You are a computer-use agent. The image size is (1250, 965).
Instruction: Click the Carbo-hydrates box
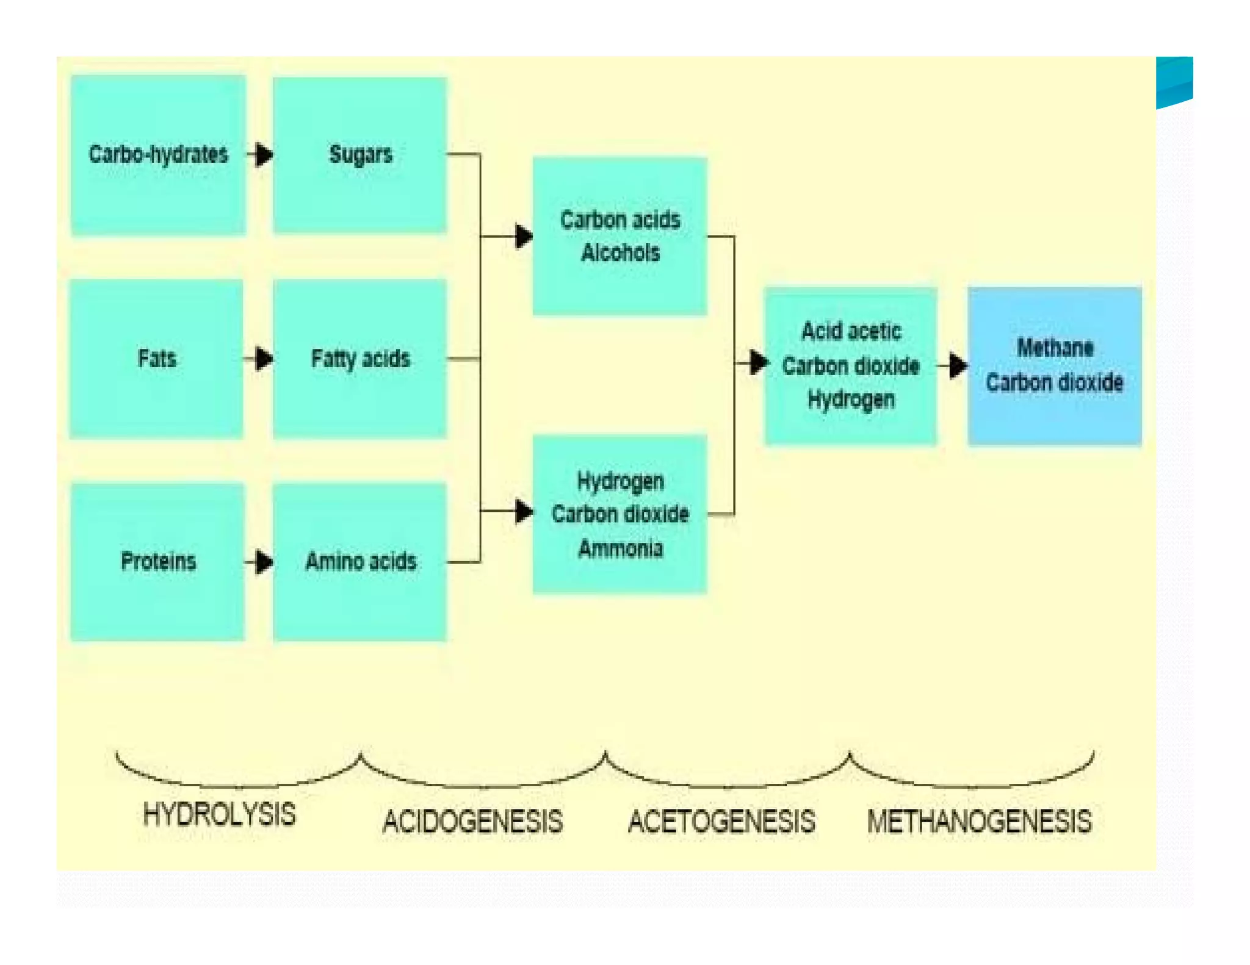coord(158,154)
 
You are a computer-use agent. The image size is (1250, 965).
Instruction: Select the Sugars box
coord(359,154)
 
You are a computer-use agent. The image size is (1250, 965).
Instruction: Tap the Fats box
coord(156,359)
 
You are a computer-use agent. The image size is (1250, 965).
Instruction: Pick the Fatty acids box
coord(359,359)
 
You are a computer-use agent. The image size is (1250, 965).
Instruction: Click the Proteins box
coord(157,561)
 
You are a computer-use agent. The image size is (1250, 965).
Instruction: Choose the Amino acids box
coord(359,561)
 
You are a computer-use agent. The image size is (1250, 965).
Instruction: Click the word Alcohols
coord(620,253)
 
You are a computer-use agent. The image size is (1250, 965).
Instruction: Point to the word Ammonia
coord(620,548)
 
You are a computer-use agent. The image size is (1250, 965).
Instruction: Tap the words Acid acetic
coord(851,331)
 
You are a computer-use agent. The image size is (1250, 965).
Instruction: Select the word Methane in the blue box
coord(1055,348)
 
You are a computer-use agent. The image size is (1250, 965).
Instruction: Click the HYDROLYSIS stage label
coord(219,815)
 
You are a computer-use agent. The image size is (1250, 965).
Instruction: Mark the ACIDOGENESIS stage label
coord(472,821)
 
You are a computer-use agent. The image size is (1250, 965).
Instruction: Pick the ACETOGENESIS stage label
coord(721,821)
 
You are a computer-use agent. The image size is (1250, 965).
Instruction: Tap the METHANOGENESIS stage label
coord(979,821)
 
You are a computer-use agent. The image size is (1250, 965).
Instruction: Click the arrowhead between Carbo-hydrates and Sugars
coord(264,154)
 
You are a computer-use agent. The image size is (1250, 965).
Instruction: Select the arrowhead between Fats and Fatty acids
coord(264,359)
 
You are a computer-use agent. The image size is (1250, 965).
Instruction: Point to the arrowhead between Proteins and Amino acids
coord(264,562)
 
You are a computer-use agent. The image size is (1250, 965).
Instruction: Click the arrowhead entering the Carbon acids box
coord(524,236)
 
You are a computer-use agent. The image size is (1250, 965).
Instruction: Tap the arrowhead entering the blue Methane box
coord(958,366)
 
